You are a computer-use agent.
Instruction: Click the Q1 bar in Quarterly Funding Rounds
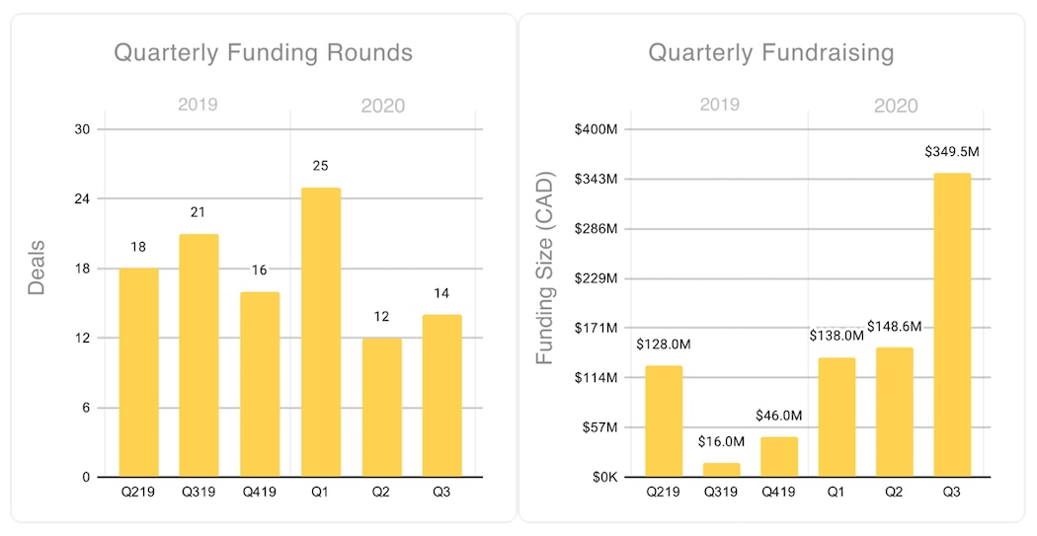(x=320, y=333)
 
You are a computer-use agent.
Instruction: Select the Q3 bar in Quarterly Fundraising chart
(x=952, y=326)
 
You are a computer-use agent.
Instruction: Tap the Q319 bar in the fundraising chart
(x=722, y=470)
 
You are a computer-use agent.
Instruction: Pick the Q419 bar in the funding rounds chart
(x=260, y=385)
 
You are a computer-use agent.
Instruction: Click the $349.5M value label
(x=952, y=152)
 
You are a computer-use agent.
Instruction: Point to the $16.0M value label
(x=721, y=441)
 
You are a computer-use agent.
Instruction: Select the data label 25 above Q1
(x=320, y=166)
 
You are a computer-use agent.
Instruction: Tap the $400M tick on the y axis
(x=597, y=129)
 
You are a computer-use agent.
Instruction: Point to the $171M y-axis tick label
(x=598, y=328)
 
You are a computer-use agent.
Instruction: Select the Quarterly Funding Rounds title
(x=263, y=52)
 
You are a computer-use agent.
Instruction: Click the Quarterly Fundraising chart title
(x=771, y=52)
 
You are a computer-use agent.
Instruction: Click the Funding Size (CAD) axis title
(x=545, y=268)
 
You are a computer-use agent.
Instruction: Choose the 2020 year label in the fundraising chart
(x=895, y=106)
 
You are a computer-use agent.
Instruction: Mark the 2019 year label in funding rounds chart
(x=198, y=105)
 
